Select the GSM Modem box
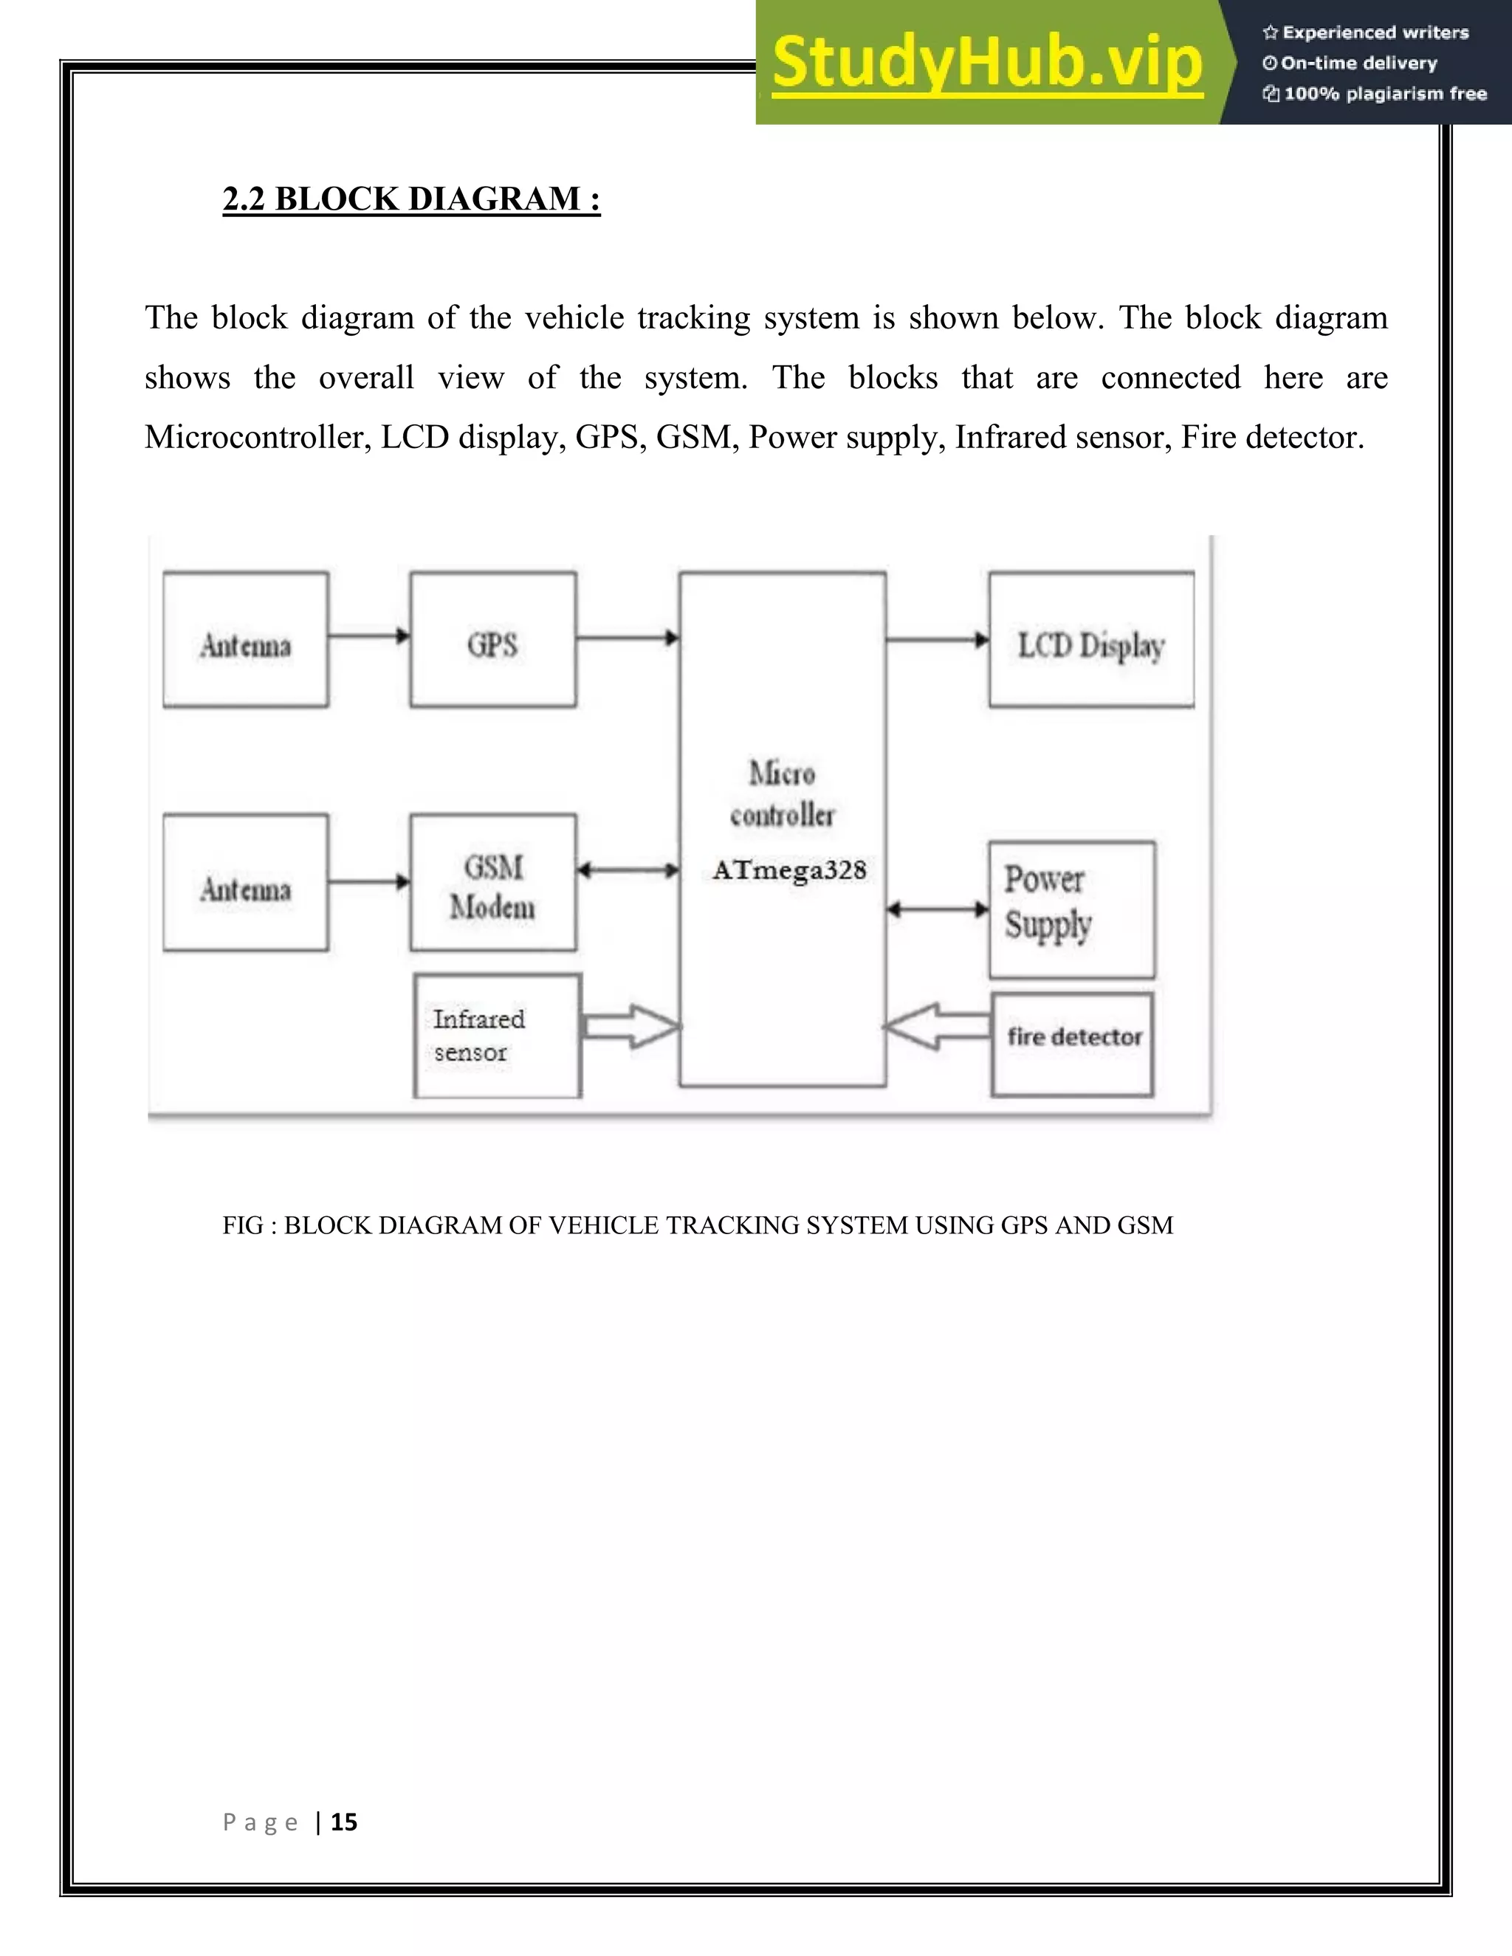click(492, 883)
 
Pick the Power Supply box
click(1071, 909)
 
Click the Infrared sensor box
click(497, 1036)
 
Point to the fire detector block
click(1072, 1044)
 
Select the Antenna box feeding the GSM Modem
click(245, 883)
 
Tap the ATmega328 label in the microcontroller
click(789, 870)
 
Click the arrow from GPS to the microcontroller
click(627, 638)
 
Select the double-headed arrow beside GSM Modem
click(627, 869)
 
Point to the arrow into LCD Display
click(937, 639)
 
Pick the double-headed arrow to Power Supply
click(937, 909)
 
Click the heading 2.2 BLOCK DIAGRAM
click(411, 199)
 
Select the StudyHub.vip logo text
click(987, 63)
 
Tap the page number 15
click(344, 1822)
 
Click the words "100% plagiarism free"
click(1385, 94)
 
